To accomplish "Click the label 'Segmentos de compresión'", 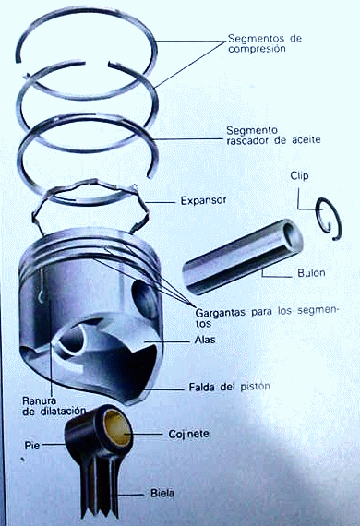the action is pyautogui.click(x=265, y=43).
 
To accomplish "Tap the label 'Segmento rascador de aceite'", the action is pyautogui.click(x=273, y=135).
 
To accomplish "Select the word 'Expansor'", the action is pyautogui.click(x=203, y=200).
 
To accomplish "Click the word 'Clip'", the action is pyautogui.click(x=299, y=175).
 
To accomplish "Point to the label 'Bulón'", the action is pyautogui.click(x=311, y=273).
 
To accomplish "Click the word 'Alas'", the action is pyautogui.click(x=205, y=340).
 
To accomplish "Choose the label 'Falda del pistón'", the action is pyautogui.click(x=229, y=387).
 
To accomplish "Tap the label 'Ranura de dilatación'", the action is pyautogui.click(x=54, y=406).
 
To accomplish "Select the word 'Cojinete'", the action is pyautogui.click(x=188, y=434).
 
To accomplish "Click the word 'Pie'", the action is pyautogui.click(x=32, y=446).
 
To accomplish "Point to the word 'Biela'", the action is pyautogui.click(x=162, y=494).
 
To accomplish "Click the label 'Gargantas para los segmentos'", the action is pyautogui.click(x=267, y=317).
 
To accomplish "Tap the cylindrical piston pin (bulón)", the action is pyautogui.click(x=242, y=257).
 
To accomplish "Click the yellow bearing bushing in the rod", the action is pyautogui.click(x=117, y=428).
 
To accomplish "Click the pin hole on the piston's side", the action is pyautogui.click(x=145, y=299).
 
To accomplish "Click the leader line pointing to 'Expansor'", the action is pyautogui.click(x=161, y=202).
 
